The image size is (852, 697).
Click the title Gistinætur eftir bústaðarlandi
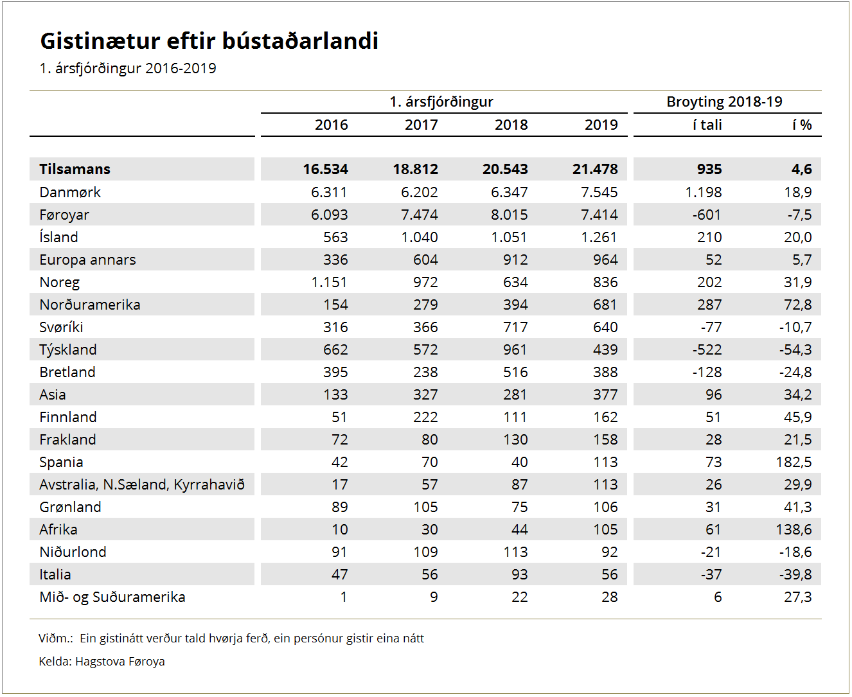(x=209, y=41)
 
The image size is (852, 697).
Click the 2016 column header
(x=332, y=125)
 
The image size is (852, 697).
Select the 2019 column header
(x=601, y=125)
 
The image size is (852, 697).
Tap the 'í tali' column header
(x=707, y=125)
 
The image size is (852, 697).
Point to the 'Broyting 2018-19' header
(x=724, y=101)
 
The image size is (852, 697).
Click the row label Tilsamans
(x=75, y=169)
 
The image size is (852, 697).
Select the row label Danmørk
(x=70, y=192)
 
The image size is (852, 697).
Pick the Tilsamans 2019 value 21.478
(x=595, y=169)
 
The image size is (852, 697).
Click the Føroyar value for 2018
(x=510, y=215)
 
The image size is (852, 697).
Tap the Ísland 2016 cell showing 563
(x=335, y=237)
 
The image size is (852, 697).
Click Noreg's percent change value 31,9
(x=798, y=282)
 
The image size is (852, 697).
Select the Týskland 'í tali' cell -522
(x=707, y=349)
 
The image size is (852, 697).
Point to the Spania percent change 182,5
(x=794, y=462)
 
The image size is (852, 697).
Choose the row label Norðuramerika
(x=90, y=305)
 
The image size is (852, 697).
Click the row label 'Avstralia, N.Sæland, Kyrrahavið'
(x=142, y=484)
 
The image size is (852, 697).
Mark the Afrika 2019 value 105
(x=605, y=529)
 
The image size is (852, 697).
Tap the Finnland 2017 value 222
(x=425, y=417)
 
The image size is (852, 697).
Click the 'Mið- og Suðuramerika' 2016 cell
(x=344, y=597)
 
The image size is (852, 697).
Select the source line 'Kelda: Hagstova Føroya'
(x=102, y=662)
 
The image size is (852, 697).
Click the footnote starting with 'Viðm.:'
(x=231, y=639)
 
